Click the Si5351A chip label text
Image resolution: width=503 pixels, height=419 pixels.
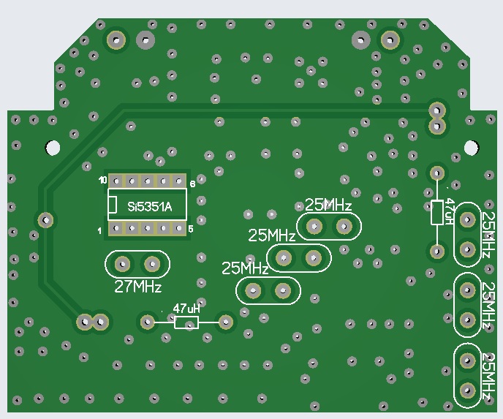tap(149, 207)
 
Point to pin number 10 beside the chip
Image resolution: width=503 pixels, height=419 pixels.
tap(103, 179)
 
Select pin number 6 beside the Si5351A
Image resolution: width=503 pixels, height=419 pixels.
tap(192, 184)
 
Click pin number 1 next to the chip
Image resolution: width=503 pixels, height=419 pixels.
tap(100, 231)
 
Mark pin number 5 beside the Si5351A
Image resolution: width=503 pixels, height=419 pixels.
tap(191, 229)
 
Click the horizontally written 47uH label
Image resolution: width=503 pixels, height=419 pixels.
tap(186, 309)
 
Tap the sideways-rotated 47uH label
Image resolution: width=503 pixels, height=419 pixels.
tap(450, 211)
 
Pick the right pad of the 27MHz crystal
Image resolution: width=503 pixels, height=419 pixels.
tap(152, 263)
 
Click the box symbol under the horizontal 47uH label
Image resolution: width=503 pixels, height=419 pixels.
tap(186, 322)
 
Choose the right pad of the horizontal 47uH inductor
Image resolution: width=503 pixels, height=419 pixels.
tap(226, 320)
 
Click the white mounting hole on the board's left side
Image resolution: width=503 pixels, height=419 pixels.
tap(52, 146)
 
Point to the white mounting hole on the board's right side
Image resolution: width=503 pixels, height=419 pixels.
tap(472, 146)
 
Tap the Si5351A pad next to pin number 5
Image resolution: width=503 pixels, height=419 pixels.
tap(178, 229)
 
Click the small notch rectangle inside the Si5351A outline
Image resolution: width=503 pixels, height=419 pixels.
tap(112, 205)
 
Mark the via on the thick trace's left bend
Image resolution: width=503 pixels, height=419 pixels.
tap(45, 219)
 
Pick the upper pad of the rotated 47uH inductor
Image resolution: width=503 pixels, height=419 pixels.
tap(436, 173)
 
